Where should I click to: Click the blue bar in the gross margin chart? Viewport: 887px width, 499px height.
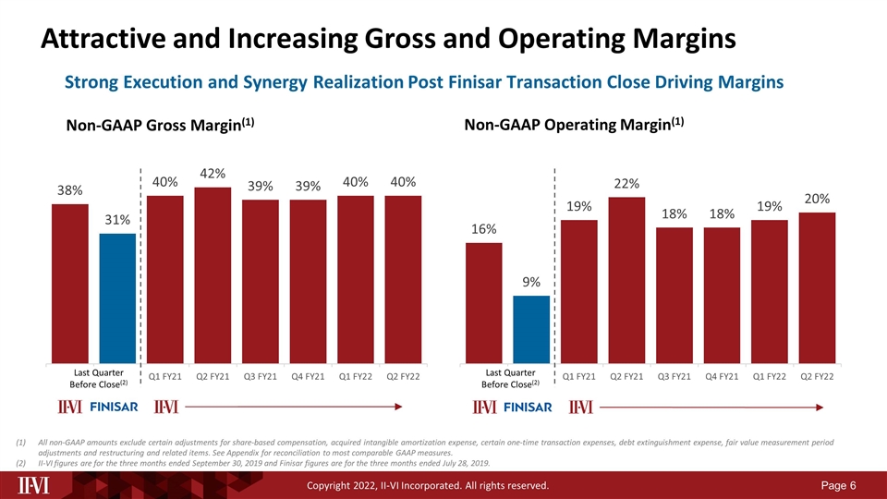pos(117,298)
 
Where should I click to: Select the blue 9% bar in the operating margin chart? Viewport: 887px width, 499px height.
pos(531,329)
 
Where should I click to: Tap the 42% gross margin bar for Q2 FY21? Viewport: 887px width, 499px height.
pos(213,274)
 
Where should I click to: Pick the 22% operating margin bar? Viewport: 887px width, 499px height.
pos(626,279)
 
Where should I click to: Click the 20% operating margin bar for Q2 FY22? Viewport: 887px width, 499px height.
pos(817,287)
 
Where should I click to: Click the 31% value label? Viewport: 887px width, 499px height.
pos(117,220)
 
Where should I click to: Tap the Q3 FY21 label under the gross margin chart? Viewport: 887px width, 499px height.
pos(260,377)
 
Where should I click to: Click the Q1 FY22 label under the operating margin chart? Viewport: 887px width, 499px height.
pos(770,377)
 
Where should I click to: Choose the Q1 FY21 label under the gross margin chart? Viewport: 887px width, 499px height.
pos(164,377)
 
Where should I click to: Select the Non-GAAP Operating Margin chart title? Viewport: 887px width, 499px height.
pos(573,124)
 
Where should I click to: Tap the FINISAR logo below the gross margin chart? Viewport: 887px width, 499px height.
pos(115,408)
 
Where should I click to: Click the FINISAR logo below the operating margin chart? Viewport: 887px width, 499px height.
pos(529,408)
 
